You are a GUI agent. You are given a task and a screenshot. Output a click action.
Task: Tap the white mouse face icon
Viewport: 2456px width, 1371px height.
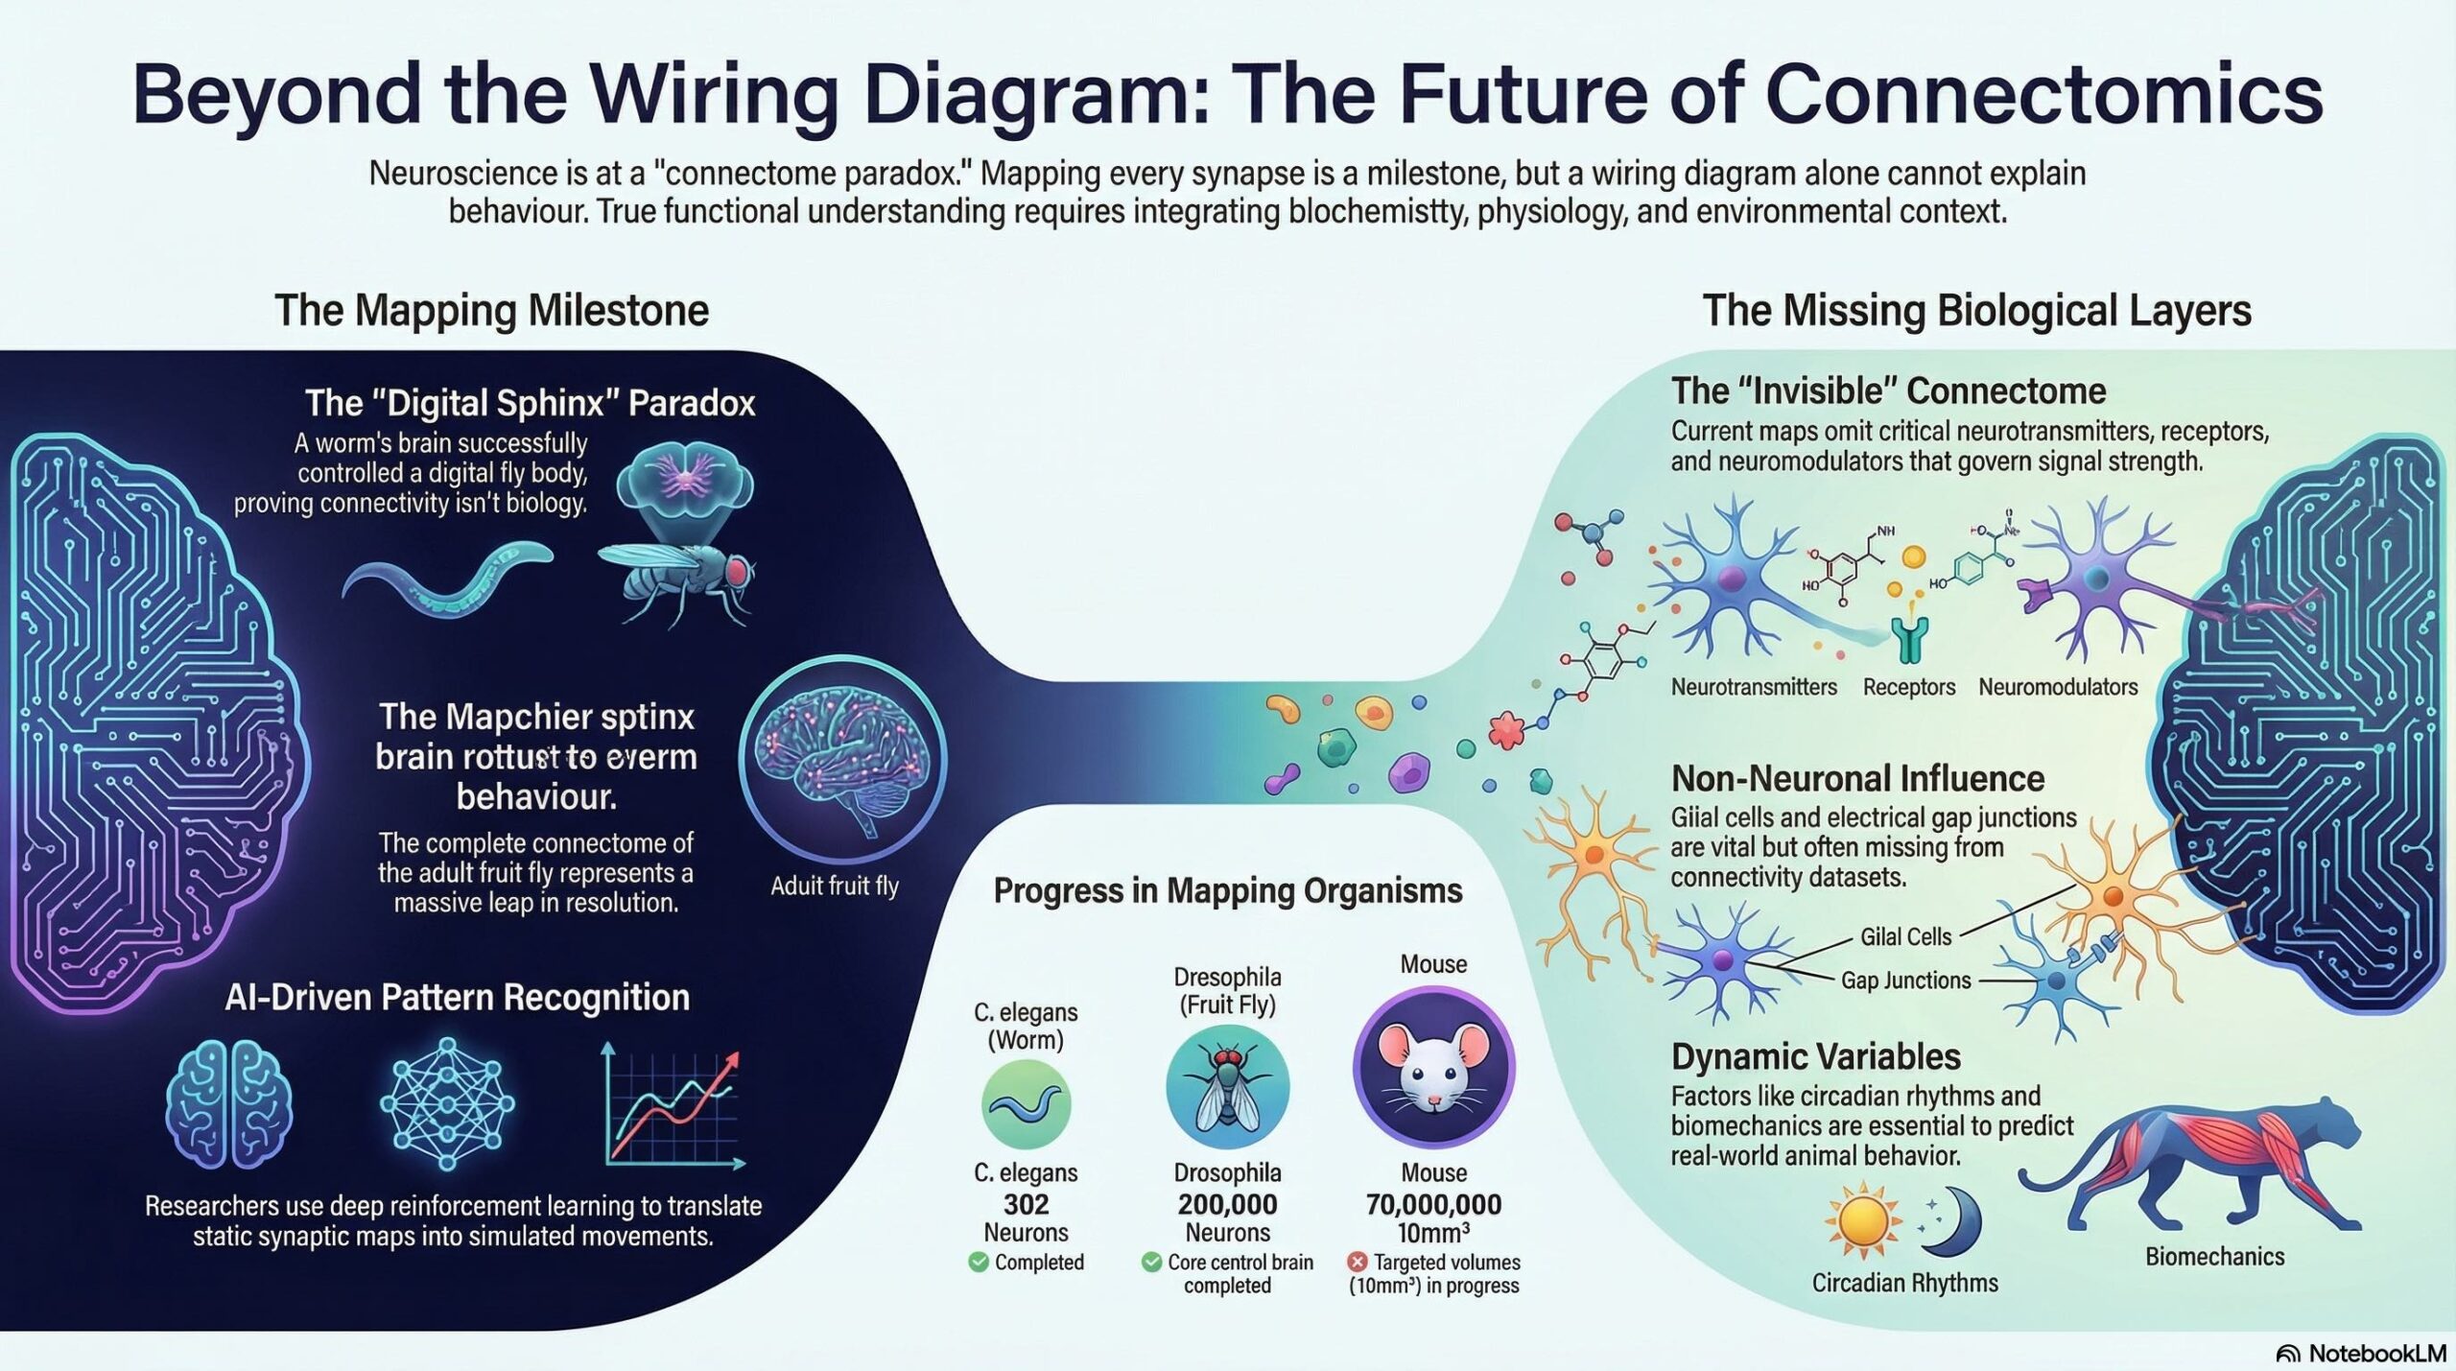pos(1433,1065)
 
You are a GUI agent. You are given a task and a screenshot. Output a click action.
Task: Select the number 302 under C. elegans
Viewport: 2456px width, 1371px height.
pos(1026,1204)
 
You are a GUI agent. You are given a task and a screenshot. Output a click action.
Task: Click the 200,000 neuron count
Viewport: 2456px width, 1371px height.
pos(1227,1204)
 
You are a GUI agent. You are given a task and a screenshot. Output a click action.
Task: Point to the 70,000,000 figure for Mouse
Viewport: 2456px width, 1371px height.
pos(1433,1204)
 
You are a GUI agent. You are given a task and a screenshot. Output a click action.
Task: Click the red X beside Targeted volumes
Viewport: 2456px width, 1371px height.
pos(1357,1262)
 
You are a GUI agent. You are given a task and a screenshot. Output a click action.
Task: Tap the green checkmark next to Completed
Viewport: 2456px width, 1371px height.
pos(979,1262)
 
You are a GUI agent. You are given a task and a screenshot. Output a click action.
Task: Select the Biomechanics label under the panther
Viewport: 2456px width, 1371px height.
pos(2214,1256)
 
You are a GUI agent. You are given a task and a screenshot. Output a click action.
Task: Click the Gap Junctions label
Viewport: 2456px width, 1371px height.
pos(1905,980)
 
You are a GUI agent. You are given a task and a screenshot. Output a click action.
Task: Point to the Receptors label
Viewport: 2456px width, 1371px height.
pos(1908,687)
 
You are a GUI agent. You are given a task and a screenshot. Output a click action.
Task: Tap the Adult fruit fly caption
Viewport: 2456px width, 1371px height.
pos(834,886)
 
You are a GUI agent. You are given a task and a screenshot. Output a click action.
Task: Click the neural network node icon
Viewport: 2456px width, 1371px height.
pos(447,1103)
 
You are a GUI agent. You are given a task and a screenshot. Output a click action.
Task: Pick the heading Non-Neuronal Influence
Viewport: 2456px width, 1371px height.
pos(1857,778)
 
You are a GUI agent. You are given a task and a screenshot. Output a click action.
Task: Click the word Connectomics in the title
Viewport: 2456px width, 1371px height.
pos(2043,94)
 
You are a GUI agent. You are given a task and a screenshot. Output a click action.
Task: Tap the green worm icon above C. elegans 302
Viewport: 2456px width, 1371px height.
pos(1026,1104)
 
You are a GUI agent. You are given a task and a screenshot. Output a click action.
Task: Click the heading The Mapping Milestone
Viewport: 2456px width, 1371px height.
pos(491,310)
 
